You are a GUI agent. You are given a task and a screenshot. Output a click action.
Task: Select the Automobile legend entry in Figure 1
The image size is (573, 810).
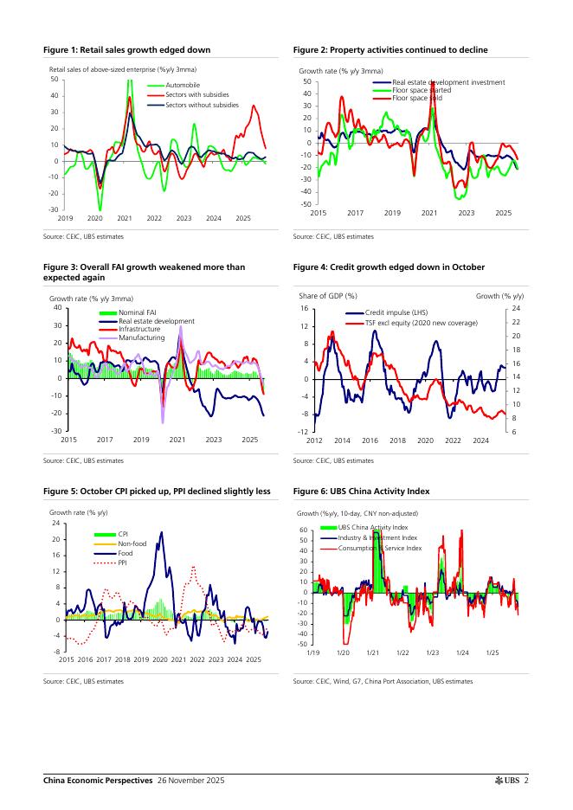coord(183,86)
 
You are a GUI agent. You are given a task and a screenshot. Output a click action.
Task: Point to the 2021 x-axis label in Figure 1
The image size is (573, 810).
coord(125,218)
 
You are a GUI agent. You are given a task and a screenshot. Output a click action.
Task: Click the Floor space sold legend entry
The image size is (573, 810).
coord(417,98)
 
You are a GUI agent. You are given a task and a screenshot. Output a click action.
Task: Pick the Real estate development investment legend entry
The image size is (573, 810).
coord(448,82)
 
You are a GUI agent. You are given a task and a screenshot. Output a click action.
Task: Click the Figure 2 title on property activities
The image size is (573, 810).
coord(390,50)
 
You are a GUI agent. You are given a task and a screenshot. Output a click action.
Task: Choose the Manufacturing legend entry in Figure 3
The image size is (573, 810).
coord(141,337)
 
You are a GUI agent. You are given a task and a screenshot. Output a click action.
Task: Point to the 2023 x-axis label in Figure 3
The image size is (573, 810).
coord(214,440)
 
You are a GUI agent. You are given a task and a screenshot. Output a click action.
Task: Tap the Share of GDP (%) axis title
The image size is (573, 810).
coord(328,296)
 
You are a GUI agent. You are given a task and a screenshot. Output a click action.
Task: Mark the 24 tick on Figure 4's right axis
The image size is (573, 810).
coord(514,309)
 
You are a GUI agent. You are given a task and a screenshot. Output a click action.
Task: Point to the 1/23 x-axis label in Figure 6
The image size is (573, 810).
coord(433,652)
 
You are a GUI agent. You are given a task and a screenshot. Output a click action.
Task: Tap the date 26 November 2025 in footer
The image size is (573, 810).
coord(190,781)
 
